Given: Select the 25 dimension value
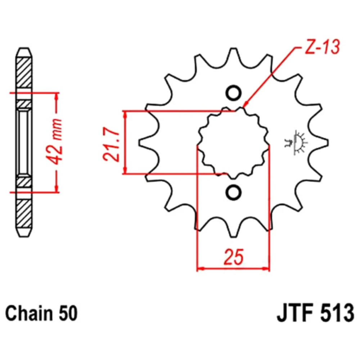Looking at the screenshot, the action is click(233, 257).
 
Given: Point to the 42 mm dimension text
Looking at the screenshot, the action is click(55, 142).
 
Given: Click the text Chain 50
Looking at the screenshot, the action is click(41, 314).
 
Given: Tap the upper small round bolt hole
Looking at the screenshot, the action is click(234, 93).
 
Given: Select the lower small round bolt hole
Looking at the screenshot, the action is click(234, 192).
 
